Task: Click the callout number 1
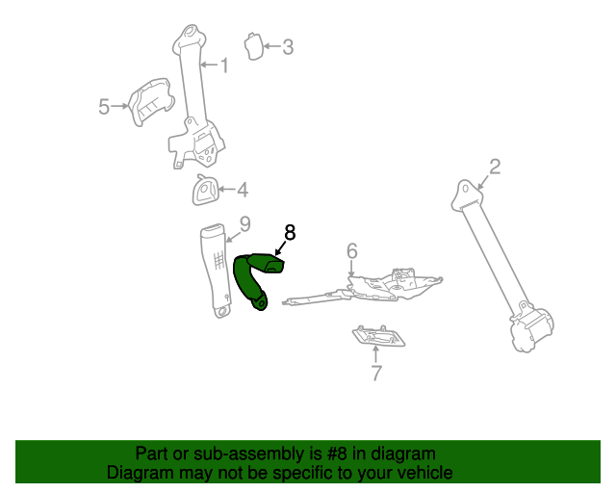(224, 65)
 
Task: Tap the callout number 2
(495, 167)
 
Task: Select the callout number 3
(287, 45)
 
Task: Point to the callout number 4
(242, 190)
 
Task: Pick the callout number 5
(105, 107)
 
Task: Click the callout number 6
(352, 251)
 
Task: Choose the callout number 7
(376, 374)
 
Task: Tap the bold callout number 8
(290, 231)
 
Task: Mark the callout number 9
(244, 224)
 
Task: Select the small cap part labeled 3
(254, 45)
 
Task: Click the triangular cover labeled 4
(205, 191)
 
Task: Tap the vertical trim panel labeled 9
(216, 270)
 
